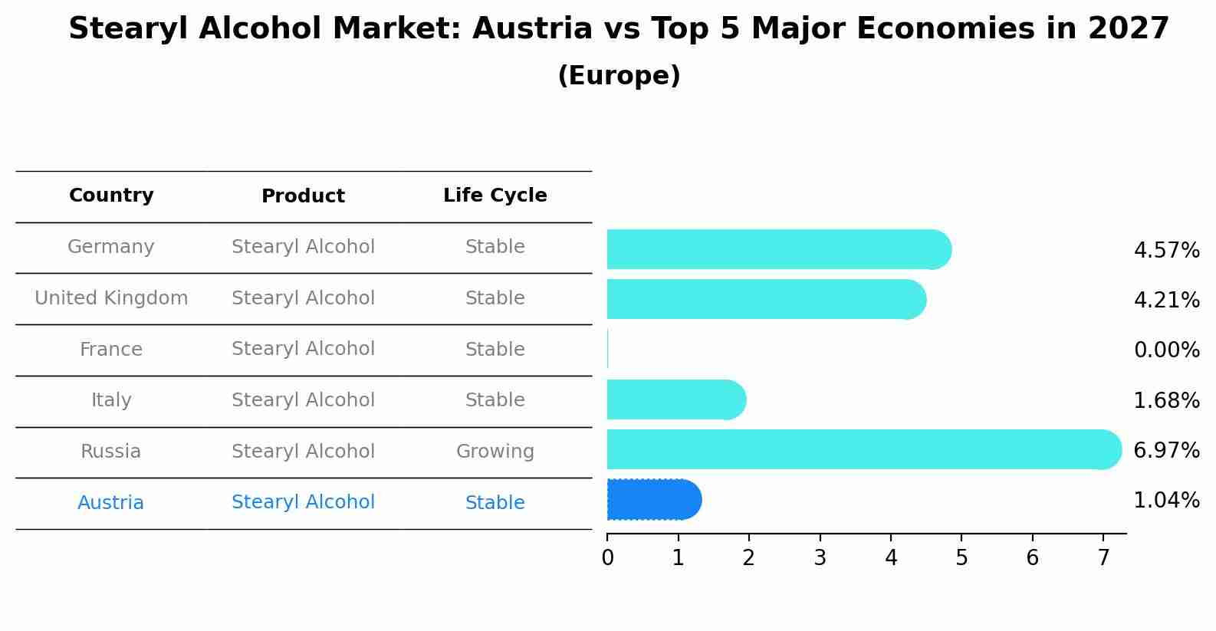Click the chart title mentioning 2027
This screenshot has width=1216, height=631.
point(619,29)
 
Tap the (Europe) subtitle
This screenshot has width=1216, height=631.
point(619,76)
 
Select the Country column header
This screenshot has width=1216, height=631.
point(111,196)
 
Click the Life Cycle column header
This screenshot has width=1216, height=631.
point(495,196)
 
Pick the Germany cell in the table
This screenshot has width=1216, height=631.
point(111,247)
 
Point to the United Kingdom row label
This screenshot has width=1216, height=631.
point(111,298)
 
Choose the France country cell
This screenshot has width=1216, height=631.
point(111,350)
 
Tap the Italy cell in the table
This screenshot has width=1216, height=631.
point(111,400)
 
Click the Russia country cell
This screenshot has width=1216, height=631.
point(111,452)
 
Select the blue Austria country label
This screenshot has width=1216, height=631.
point(111,503)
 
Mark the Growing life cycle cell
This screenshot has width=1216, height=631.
point(495,452)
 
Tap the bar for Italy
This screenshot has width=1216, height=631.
point(675,399)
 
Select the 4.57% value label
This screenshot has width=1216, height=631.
point(1166,251)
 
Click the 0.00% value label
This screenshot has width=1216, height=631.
point(1166,350)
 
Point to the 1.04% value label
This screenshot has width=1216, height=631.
point(1166,501)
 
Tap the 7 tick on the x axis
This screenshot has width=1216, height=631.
point(1103,558)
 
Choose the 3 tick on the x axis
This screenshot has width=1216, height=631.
point(820,558)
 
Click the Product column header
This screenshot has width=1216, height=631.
point(303,196)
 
